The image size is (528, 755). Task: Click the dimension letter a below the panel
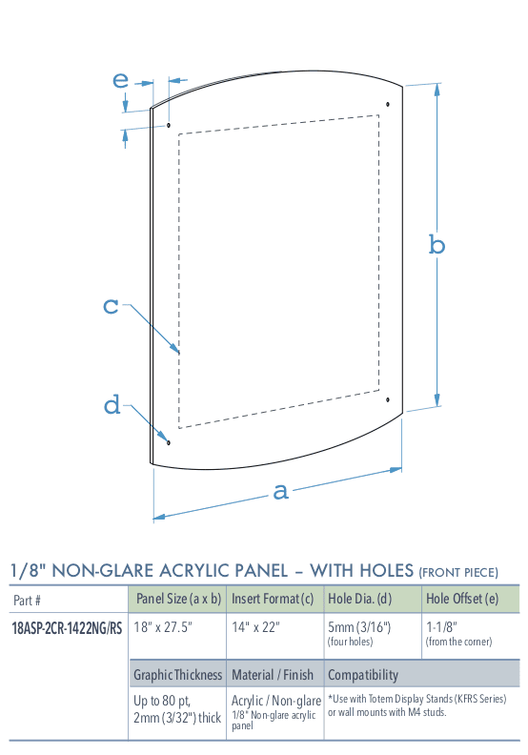[x=280, y=492]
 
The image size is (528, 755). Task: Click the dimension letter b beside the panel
[x=437, y=245]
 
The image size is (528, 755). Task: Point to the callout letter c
[x=111, y=306]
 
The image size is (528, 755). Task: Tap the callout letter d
[x=112, y=404]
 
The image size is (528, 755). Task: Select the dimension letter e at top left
[x=120, y=80]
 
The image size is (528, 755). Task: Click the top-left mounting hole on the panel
[x=169, y=125]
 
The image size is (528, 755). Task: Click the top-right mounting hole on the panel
[x=388, y=104]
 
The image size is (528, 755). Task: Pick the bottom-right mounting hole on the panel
[x=388, y=399]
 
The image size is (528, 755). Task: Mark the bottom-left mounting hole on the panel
[x=169, y=442]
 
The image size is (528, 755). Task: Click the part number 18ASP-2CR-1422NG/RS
[x=67, y=628]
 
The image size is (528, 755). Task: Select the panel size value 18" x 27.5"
[x=163, y=627]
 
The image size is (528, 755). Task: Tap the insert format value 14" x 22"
[x=255, y=627]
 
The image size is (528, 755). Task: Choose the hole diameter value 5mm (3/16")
[x=359, y=627]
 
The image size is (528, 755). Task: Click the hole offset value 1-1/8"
[x=441, y=627]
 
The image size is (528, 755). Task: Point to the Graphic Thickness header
[x=177, y=675]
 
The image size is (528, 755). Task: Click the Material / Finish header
[x=273, y=675]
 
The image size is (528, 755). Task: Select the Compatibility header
[x=363, y=675]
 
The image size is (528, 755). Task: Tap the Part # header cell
[x=27, y=601]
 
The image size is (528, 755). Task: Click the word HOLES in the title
[x=387, y=571]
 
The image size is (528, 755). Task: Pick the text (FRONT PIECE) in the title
[x=458, y=573]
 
